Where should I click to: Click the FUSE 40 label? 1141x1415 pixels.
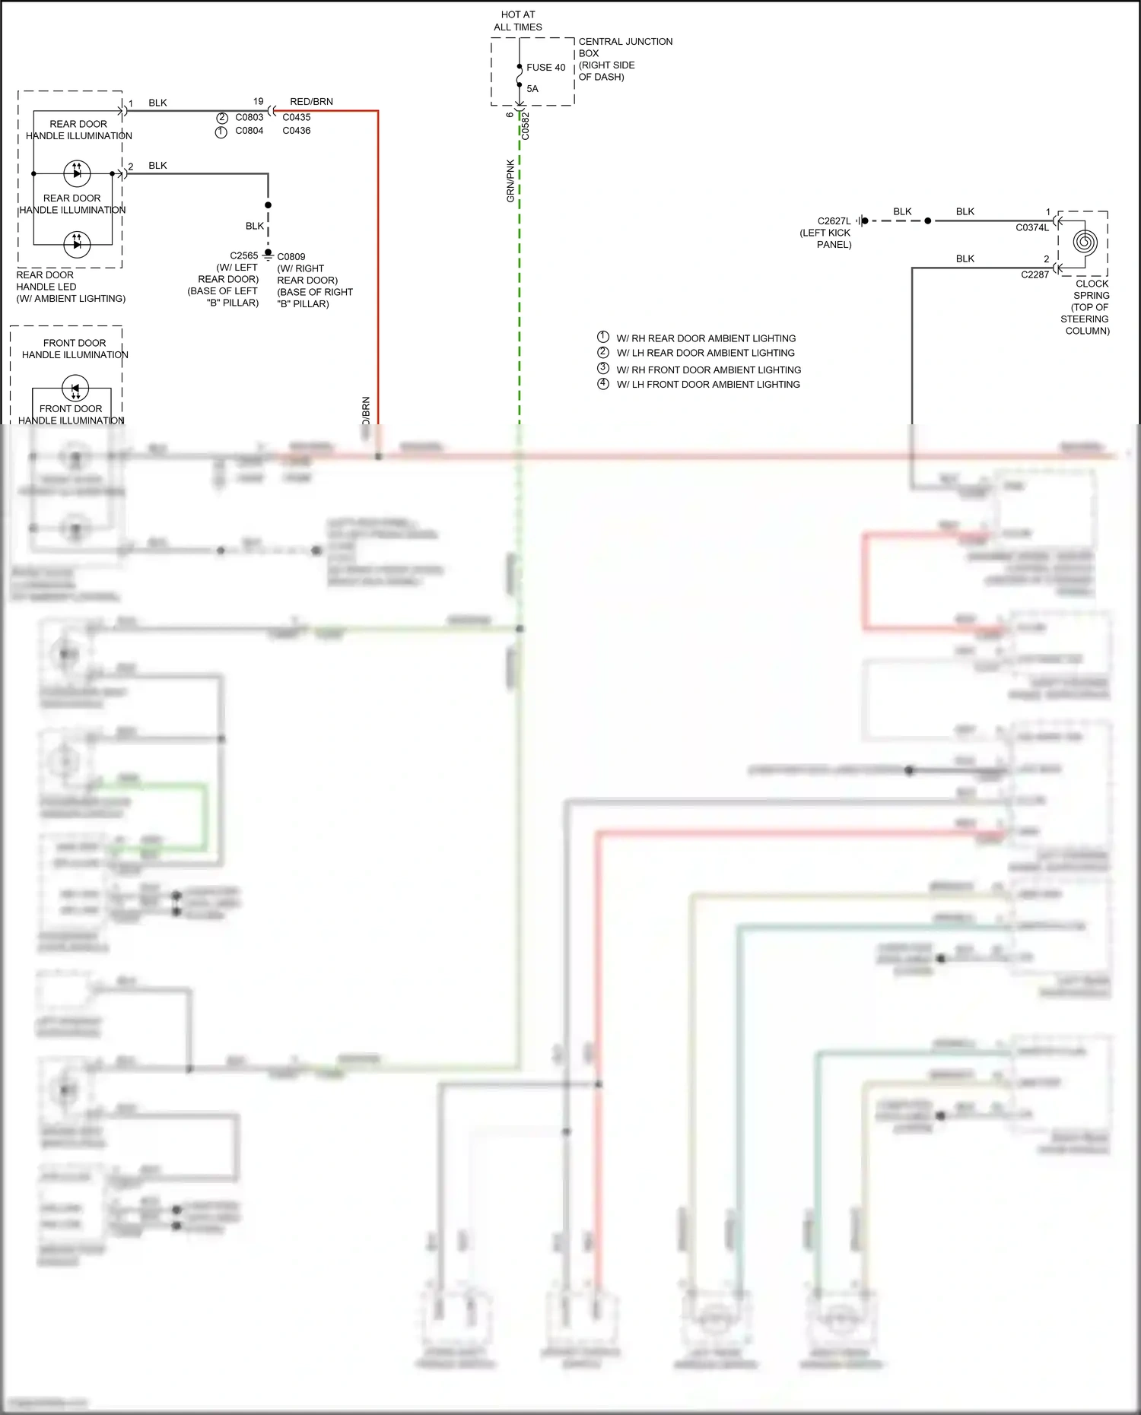click(x=545, y=68)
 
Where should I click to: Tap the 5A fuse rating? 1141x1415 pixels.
click(x=532, y=89)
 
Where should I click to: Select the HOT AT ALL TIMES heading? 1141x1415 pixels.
click(x=518, y=21)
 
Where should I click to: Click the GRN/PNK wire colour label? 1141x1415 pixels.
click(x=510, y=181)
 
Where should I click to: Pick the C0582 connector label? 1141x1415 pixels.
click(x=525, y=126)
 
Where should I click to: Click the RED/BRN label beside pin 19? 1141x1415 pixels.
click(x=311, y=102)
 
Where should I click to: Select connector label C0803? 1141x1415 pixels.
click(x=249, y=117)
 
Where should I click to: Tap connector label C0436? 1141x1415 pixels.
click(x=296, y=131)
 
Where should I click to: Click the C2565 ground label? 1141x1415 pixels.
click(x=244, y=255)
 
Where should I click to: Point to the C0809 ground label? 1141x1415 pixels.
click(x=291, y=257)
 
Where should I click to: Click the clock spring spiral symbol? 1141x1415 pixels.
click(x=1085, y=243)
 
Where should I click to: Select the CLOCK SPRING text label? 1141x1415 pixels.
click(x=1092, y=307)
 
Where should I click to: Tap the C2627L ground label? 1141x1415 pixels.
click(x=834, y=221)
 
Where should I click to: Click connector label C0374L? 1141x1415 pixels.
click(x=1032, y=227)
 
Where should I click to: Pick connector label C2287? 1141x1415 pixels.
click(x=1035, y=274)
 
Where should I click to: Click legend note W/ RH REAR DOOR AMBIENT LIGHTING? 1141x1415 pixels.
click(x=706, y=338)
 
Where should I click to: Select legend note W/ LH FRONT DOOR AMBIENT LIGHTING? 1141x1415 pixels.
click(x=708, y=385)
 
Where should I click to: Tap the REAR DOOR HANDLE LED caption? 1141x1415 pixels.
click(x=71, y=287)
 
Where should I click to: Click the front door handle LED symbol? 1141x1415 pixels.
click(x=75, y=389)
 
